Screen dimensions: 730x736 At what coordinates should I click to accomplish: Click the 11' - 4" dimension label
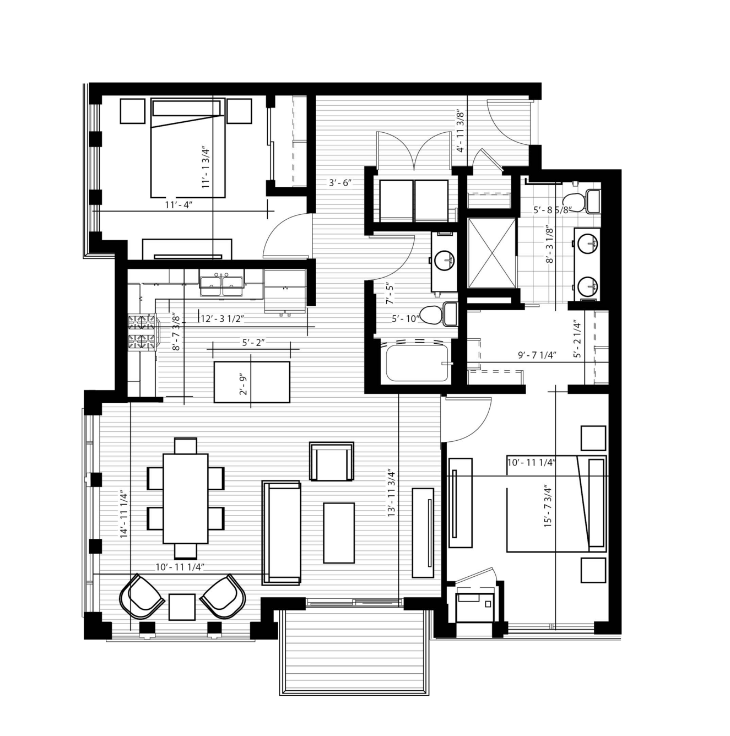[179, 205]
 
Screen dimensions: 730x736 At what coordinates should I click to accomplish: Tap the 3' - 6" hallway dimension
[340, 182]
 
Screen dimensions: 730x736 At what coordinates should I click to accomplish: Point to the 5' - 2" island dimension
[253, 343]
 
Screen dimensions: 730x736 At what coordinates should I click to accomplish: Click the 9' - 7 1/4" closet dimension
[537, 355]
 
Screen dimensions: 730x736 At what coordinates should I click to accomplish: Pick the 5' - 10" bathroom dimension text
[405, 318]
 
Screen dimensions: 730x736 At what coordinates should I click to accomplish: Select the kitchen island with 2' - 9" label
[252, 382]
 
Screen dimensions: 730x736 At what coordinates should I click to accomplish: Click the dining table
[186, 499]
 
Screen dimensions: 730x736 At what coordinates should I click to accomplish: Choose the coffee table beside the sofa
[339, 533]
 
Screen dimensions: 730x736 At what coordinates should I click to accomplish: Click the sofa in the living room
[281, 533]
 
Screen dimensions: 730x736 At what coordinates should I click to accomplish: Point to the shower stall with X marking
[491, 252]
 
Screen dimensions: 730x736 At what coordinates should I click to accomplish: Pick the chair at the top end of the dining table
[186, 446]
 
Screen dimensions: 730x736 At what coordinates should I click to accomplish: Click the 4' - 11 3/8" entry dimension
[461, 132]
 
